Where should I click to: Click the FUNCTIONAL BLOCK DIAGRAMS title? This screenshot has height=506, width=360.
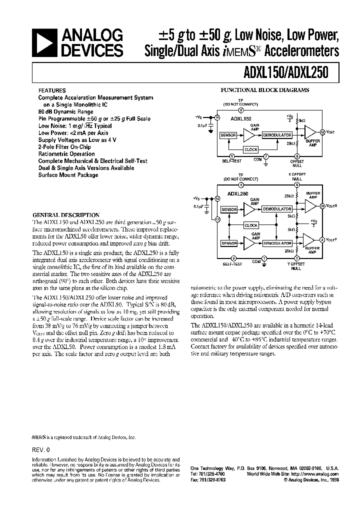(265, 90)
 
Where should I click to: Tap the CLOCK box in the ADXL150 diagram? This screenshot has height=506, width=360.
(250, 149)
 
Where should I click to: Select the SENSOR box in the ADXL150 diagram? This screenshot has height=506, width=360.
(228, 135)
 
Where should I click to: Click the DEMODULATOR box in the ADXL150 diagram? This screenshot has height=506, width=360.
(276, 135)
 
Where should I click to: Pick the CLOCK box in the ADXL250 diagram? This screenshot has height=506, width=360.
(251, 225)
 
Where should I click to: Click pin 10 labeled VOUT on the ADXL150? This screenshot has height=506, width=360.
(322, 132)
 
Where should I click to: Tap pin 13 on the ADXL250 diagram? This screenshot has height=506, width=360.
(217, 219)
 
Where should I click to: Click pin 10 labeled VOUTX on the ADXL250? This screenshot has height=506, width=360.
(322, 206)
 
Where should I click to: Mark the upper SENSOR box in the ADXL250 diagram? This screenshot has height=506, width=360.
(228, 209)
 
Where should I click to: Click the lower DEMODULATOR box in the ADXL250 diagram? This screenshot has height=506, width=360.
(276, 243)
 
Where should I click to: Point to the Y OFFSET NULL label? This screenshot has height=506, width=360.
(296, 266)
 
